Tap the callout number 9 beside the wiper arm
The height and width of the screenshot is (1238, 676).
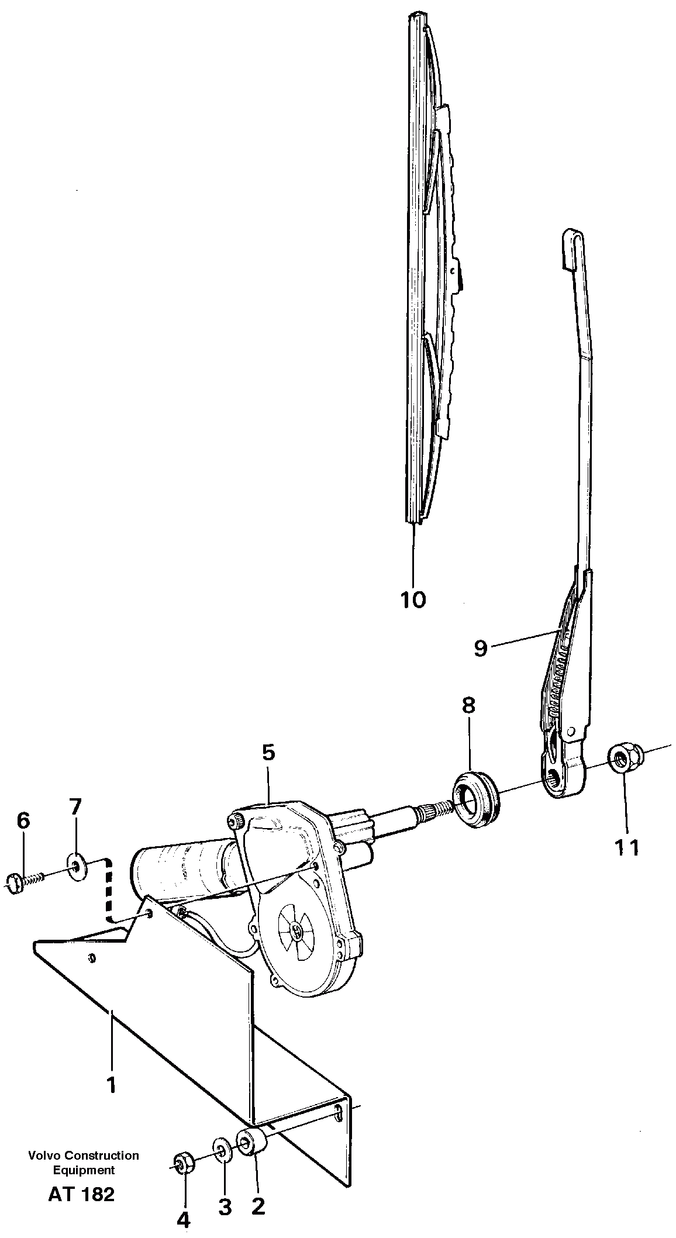point(480,648)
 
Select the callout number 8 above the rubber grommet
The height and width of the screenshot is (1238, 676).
point(468,705)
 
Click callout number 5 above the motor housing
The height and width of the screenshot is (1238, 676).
point(268,752)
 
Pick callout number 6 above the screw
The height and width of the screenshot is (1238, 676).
point(23,821)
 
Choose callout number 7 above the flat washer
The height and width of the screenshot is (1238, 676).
point(75,808)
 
